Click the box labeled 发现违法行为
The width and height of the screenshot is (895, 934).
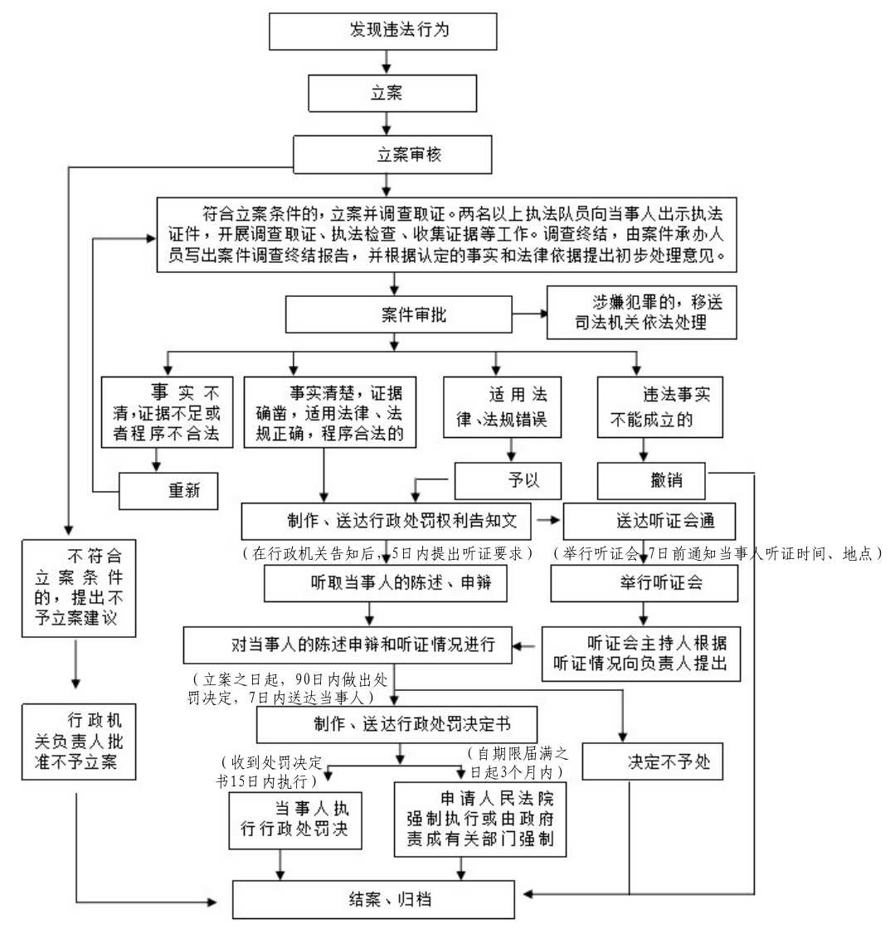[x=383, y=32]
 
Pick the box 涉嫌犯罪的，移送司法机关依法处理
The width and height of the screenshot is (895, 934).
[x=641, y=313]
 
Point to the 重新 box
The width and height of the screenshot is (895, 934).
[x=168, y=489]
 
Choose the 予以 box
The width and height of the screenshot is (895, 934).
[x=508, y=480]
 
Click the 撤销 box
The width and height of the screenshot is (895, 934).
[x=653, y=480]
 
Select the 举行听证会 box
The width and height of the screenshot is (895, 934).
[x=644, y=582]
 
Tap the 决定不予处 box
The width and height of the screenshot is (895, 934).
[x=652, y=761]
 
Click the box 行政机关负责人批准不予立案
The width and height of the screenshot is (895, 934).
[x=78, y=742]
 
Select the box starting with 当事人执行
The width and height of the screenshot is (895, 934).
[x=295, y=820]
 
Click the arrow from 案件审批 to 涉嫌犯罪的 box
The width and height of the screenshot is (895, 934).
[x=529, y=314]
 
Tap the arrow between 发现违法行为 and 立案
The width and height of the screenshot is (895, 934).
[x=387, y=62]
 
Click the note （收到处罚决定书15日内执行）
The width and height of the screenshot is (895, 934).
[x=273, y=772]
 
